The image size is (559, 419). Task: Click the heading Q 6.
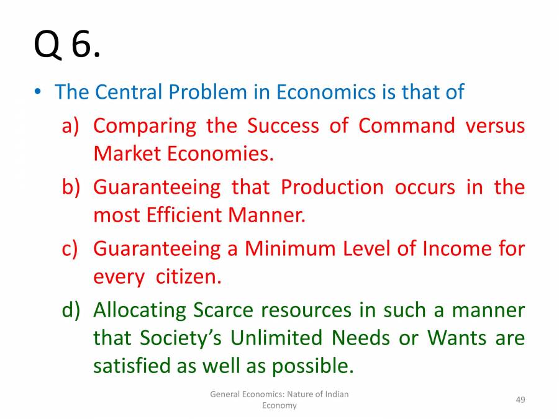pyautogui.click(x=66, y=45)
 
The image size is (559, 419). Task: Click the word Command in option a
pyautogui.click(x=407, y=125)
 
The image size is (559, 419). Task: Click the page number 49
pyautogui.click(x=520, y=399)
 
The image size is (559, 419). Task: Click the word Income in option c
pyautogui.click(x=458, y=248)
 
